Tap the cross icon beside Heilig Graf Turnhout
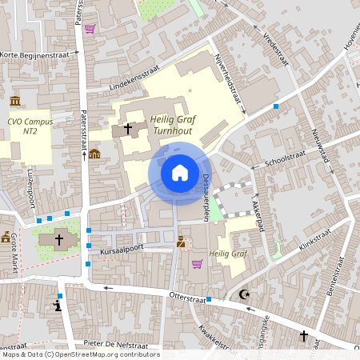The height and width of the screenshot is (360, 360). pos(128,128)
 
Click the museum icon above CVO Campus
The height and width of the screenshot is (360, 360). pos(17,102)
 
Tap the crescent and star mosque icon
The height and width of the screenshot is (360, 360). pos(243,294)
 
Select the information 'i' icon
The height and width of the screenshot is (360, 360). pos(57,306)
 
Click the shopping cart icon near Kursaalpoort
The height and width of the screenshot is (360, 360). pos(197,263)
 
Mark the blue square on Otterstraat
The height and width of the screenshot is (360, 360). pos(209,299)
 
